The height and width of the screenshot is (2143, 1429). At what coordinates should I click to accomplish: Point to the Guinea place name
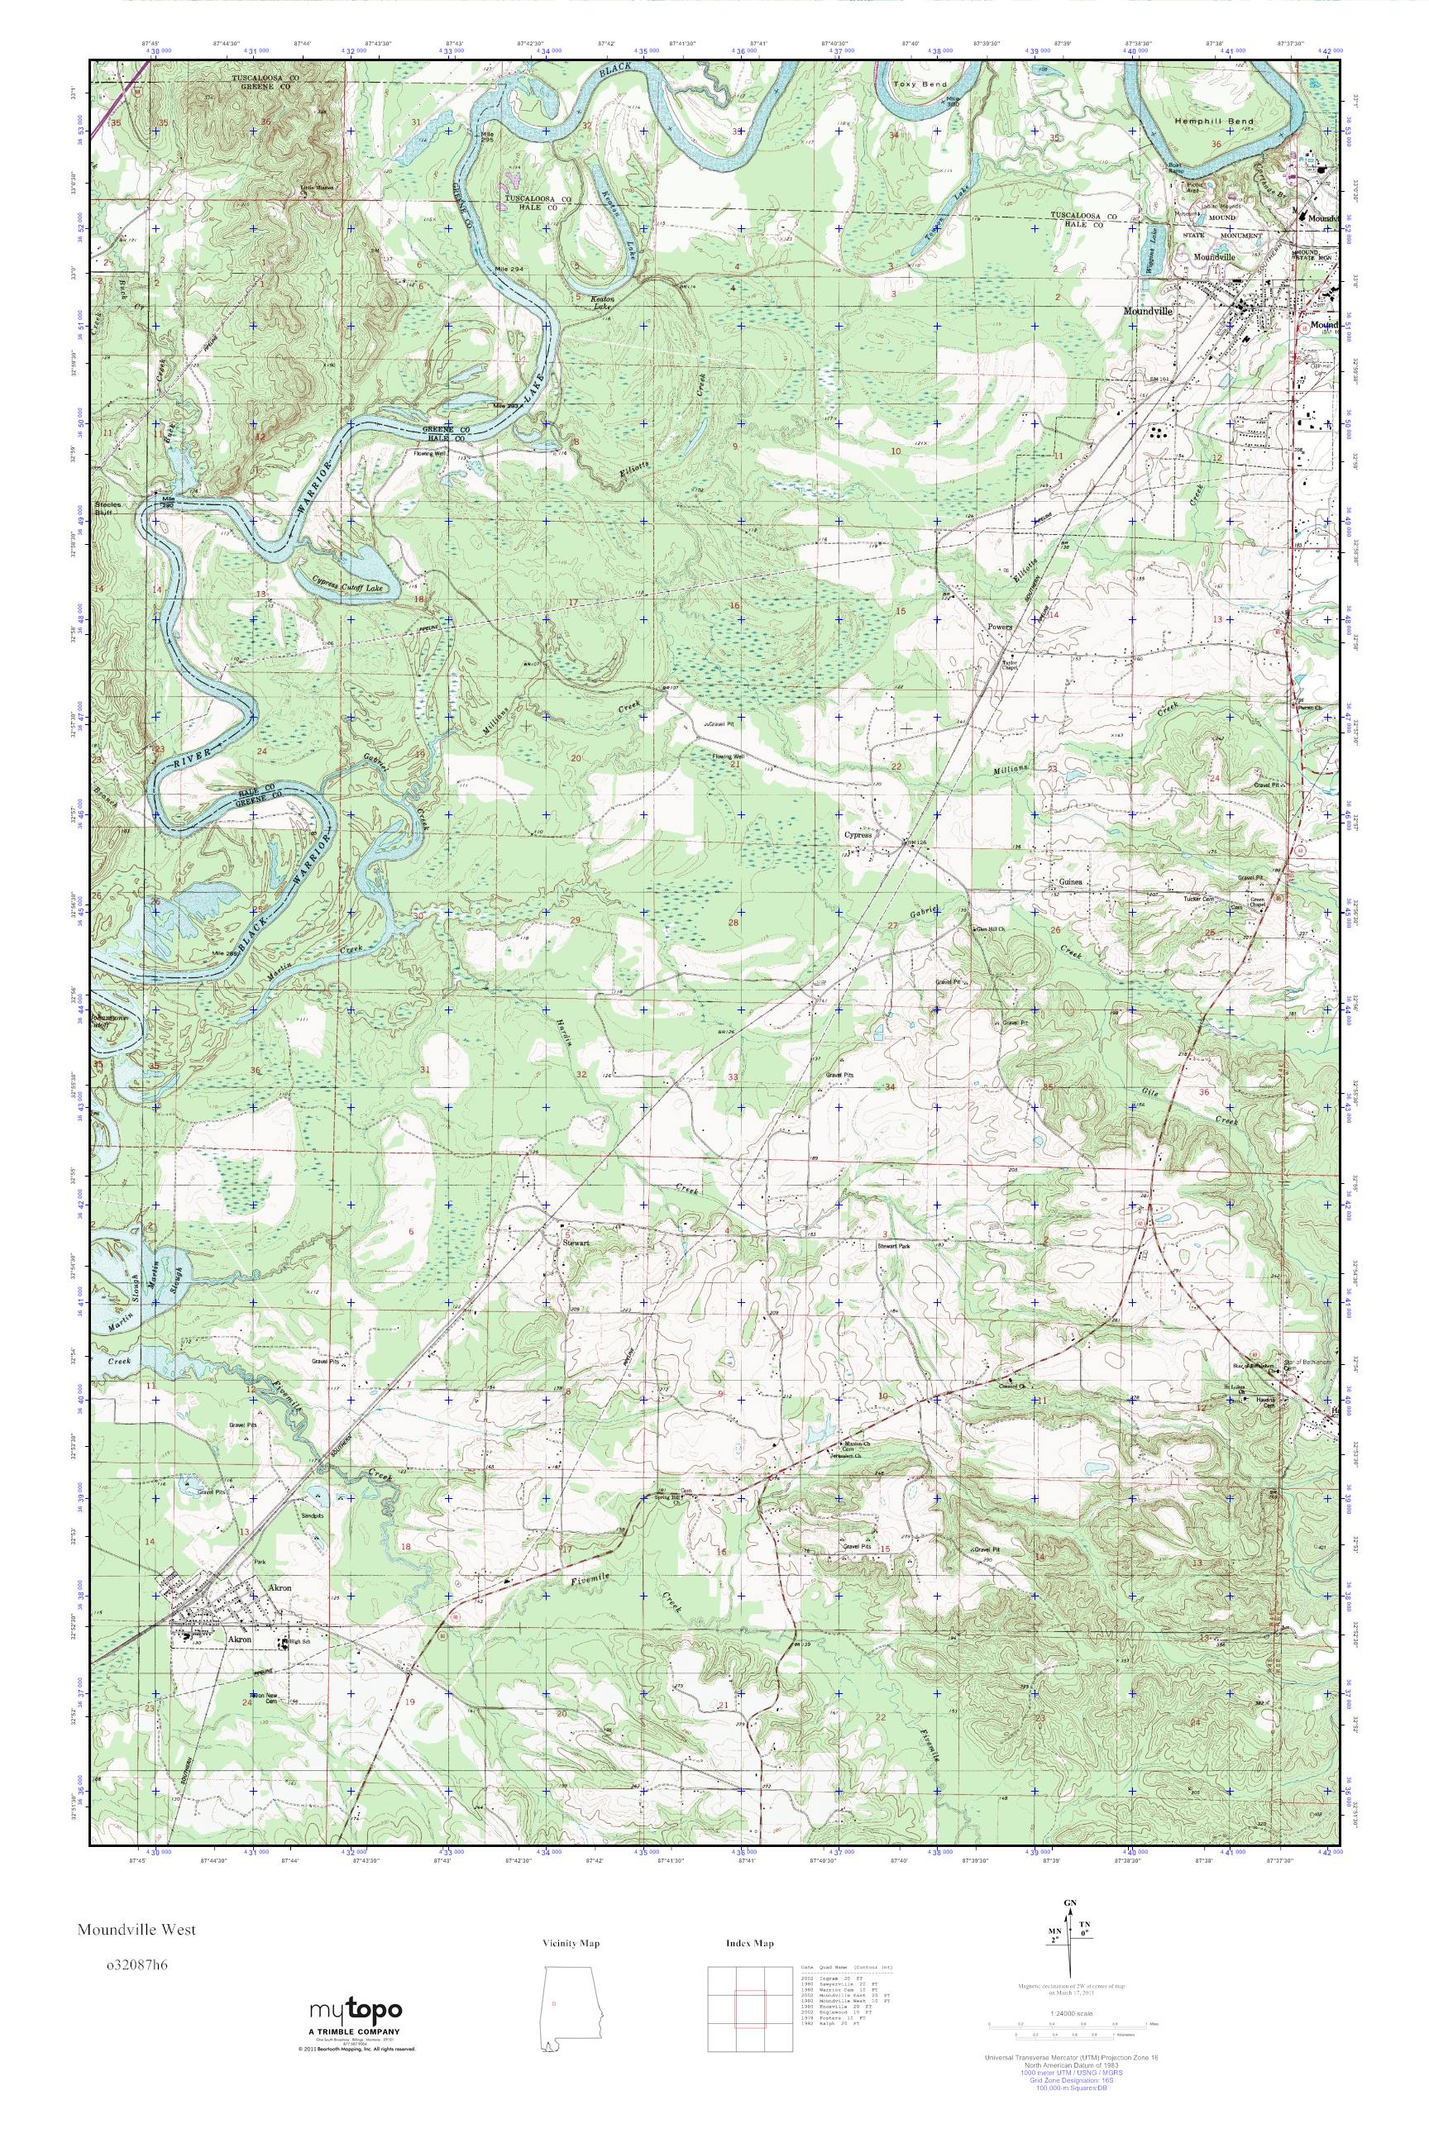point(1071,883)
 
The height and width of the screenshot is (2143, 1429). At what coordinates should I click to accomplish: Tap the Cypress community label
point(858,834)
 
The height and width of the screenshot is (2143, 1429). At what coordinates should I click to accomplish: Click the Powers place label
point(1000,628)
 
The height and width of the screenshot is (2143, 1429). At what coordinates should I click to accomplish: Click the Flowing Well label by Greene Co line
point(429,453)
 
